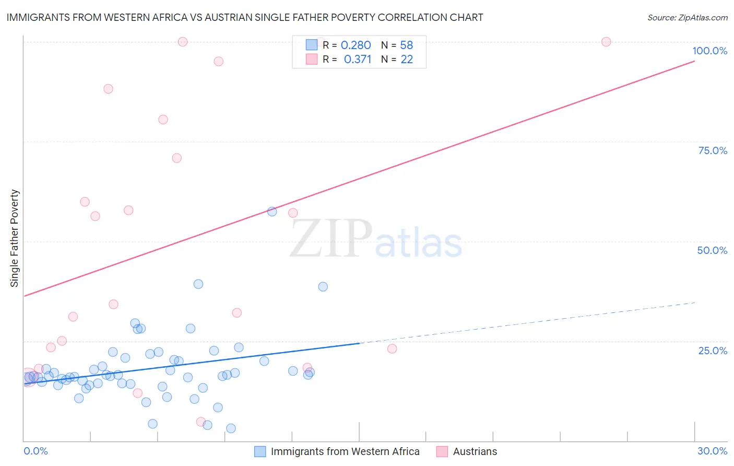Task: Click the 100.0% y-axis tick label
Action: [709, 51]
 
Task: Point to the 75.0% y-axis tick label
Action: [713, 150]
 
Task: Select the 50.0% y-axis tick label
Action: [712, 250]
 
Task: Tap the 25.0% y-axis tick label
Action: [713, 351]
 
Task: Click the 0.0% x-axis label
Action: [35, 451]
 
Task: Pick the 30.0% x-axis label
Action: [712, 451]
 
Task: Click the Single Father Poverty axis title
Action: [15, 238]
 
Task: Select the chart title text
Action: [245, 17]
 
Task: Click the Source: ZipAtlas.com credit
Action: [687, 17]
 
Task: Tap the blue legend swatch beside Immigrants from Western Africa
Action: [260, 451]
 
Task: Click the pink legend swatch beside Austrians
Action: [442, 451]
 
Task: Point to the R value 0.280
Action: [356, 45]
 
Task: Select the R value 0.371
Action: [357, 60]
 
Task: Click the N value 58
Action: [406, 45]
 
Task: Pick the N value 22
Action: [407, 60]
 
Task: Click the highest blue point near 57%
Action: [272, 212]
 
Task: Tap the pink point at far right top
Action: [606, 42]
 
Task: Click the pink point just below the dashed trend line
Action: [392, 349]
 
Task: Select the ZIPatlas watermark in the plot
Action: [376, 239]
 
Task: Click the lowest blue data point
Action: [231, 428]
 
